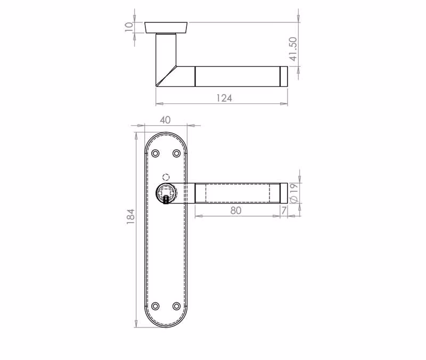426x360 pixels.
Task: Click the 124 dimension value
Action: tap(224, 98)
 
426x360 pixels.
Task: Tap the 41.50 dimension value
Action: tap(293, 49)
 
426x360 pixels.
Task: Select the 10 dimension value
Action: tap(129, 27)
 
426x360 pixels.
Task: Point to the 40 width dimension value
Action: tap(165, 120)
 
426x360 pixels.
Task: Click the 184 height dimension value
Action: tap(130, 217)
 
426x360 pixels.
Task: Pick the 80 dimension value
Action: tap(235, 210)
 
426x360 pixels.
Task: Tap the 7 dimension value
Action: tap(284, 210)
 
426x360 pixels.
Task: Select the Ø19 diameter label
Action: tap(294, 193)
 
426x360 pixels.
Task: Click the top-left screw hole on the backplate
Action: tap(155, 153)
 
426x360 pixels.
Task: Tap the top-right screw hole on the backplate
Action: tap(177, 153)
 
